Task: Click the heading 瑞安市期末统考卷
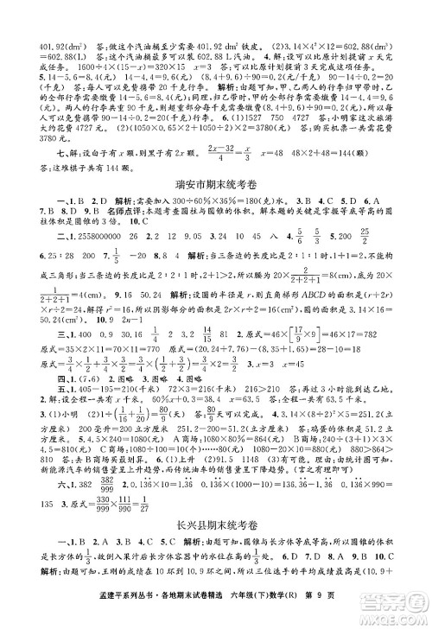[x=216, y=183]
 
